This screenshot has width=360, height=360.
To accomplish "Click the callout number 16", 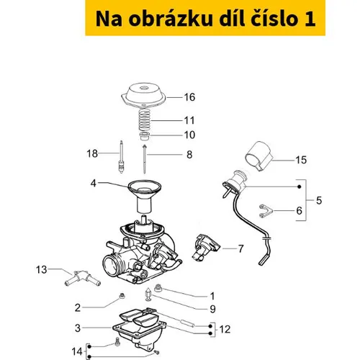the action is pyautogui.click(x=189, y=97).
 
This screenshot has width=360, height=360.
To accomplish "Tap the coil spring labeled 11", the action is pyautogui.click(x=145, y=120).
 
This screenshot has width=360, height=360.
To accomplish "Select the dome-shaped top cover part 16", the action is pyautogui.click(x=143, y=95).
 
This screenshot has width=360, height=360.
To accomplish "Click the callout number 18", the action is pyautogui.click(x=92, y=153).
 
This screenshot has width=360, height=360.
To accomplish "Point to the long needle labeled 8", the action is pyautogui.click(x=144, y=159).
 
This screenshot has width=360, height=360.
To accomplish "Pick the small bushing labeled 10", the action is pyautogui.click(x=145, y=136).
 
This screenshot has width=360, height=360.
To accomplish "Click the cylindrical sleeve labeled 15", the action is pyautogui.click(x=258, y=156).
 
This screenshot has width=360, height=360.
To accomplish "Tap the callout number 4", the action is pyautogui.click(x=93, y=184).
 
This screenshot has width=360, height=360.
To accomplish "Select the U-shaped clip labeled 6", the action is pyautogui.click(x=266, y=211).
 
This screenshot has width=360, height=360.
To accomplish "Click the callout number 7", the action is pyautogui.click(x=240, y=248).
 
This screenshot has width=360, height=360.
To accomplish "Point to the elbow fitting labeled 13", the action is pyautogui.click(x=83, y=279).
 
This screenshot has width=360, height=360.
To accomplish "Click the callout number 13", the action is pyautogui.click(x=41, y=269).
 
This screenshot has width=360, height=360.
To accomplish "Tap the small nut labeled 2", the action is pyautogui.click(x=122, y=296).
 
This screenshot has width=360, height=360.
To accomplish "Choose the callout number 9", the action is pyautogui.click(x=212, y=309).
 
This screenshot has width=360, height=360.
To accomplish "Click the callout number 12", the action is pyautogui.click(x=225, y=329).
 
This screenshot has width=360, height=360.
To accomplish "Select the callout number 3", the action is pyautogui.click(x=78, y=328).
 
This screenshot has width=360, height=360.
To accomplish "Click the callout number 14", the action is pyautogui.click(x=77, y=352).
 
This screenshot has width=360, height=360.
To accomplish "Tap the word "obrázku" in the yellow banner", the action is pyautogui.click(x=171, y=19).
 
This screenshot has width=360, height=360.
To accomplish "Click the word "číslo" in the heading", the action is pyautogui.click(x=273, y=18).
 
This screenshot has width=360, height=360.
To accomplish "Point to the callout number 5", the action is pyautogui.click(x=319, y=200).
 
